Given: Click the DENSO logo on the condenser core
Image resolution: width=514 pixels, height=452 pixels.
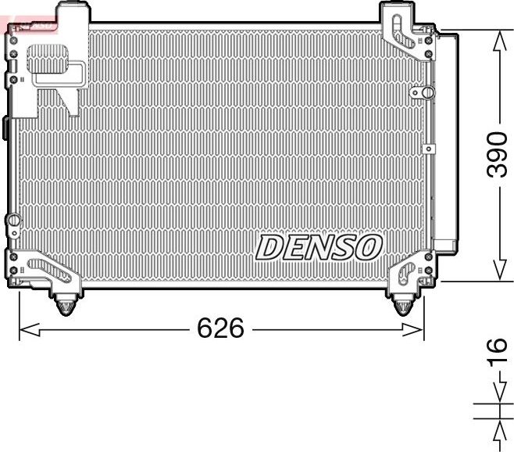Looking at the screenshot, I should click(318, 248).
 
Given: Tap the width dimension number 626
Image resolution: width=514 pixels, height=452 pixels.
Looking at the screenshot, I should click(220, 329).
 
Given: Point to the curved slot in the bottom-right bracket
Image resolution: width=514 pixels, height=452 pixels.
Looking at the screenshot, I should click(406, 271).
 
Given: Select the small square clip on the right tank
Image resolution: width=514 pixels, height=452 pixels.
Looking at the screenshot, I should click(427, 148).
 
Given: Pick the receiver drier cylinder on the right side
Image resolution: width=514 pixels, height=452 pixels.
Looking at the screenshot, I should click(448, 141).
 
